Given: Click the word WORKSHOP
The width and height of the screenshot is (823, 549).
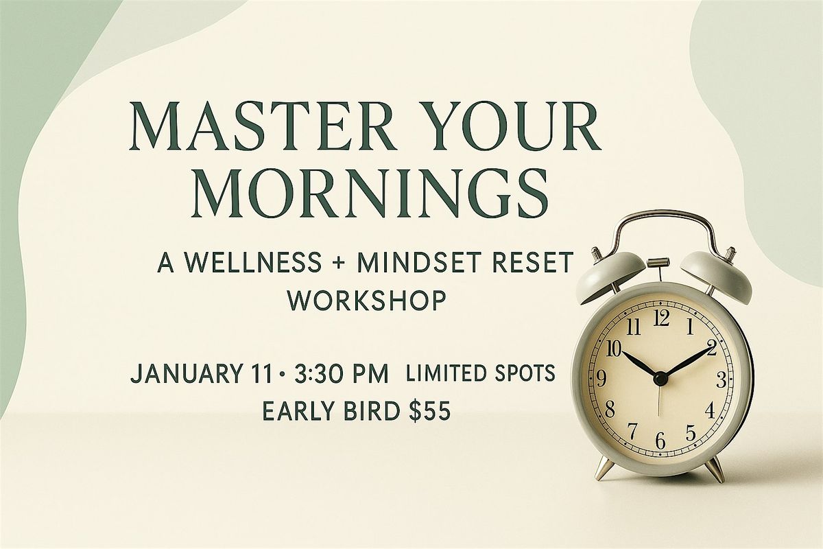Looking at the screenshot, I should [x=365, y=300].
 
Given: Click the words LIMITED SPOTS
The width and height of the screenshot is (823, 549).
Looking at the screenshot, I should [x=480, y=375].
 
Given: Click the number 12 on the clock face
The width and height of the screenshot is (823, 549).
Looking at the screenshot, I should [x=661, y=318].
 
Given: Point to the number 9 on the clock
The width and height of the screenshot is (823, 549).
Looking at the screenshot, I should [x=602, y=379].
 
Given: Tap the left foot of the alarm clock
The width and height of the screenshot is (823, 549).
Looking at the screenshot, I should [x=606, y=469].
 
